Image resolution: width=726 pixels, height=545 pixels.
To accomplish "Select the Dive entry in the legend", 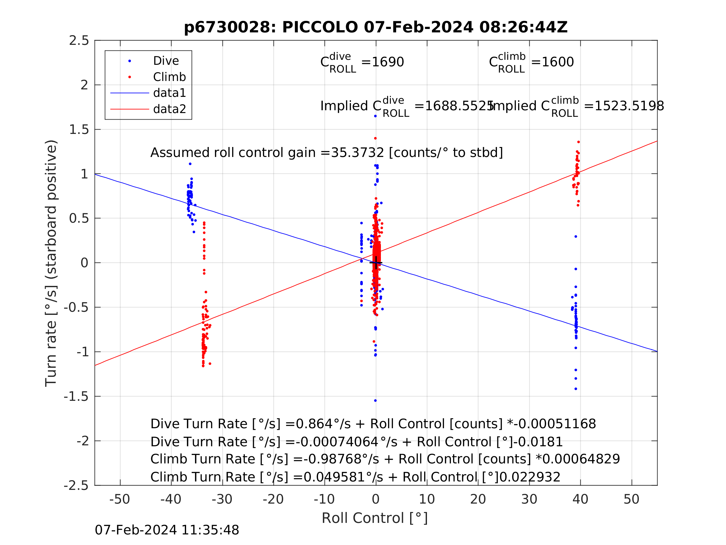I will (x=166, y=61).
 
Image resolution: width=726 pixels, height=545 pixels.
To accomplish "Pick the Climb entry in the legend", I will (x=169, y=77).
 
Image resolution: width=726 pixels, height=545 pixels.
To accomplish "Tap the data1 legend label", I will (x=169, y=93).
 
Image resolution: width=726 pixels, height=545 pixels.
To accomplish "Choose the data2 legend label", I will (x=169, y=109).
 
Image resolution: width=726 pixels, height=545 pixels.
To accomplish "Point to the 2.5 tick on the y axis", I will (x=79, y=40).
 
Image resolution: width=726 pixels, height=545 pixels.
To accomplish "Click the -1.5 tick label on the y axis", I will (x=76, y=396).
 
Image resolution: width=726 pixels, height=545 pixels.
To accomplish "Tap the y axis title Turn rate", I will (x=51, y=263).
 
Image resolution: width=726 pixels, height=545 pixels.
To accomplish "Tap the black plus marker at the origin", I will (x=376, y=263).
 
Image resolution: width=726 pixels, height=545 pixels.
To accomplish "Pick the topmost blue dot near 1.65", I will (x=375, y=116).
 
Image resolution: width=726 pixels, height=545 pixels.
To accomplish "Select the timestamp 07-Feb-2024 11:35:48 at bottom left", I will (x=167, y=530).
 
